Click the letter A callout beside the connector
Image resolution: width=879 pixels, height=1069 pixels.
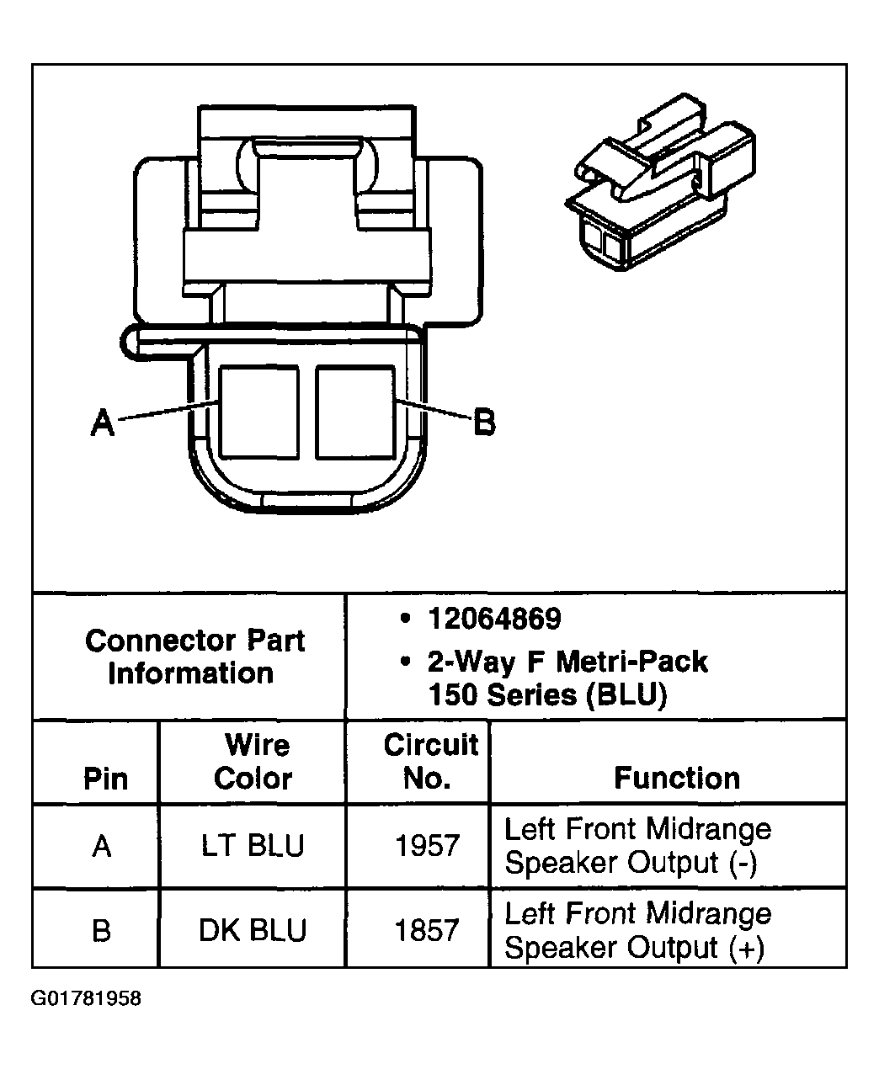tap(103, 423)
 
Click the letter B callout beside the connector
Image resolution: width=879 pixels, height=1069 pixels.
tap(484, 423)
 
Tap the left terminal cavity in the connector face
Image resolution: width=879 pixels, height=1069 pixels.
tap(259, 412)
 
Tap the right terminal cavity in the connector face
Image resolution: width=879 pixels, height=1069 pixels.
tap(355, 412)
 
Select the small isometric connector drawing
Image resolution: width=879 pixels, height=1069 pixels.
tap(661, 183)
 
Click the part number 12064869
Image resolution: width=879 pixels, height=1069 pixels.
tap(495, 619)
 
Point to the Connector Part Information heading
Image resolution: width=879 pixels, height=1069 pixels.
tap(194, 657)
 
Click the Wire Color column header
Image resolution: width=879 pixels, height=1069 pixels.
tap(253, 761)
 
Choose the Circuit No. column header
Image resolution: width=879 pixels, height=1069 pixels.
tap(431, 761)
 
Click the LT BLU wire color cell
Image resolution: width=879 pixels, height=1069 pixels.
tap(253, 845)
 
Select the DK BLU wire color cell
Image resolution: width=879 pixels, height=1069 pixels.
tap(253, 930)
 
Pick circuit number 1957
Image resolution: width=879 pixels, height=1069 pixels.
tap(428, 846)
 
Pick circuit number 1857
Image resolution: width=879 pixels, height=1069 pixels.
tap(428, 931)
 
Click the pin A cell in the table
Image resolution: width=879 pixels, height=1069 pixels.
tap(101, 846)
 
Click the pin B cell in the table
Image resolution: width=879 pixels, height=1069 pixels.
tap(101, 931)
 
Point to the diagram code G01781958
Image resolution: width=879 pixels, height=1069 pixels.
tap(86, 998)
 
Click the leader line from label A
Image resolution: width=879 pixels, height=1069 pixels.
tap(168, 411)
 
